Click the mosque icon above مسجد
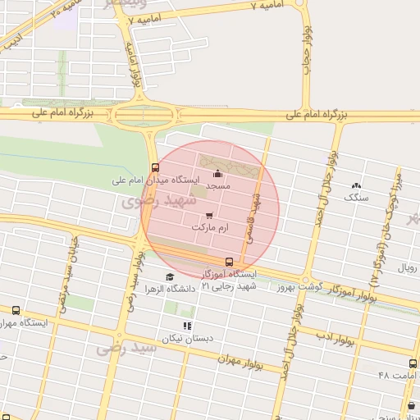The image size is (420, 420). (217, 173)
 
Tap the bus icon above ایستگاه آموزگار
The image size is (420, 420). (228, 262)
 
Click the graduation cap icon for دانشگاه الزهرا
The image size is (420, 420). (169, 276)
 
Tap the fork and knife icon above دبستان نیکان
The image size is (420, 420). (187, 326)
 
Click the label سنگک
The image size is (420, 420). (357, 197)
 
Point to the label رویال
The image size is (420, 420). (408, 268)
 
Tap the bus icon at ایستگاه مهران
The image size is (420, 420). (16, 311)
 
